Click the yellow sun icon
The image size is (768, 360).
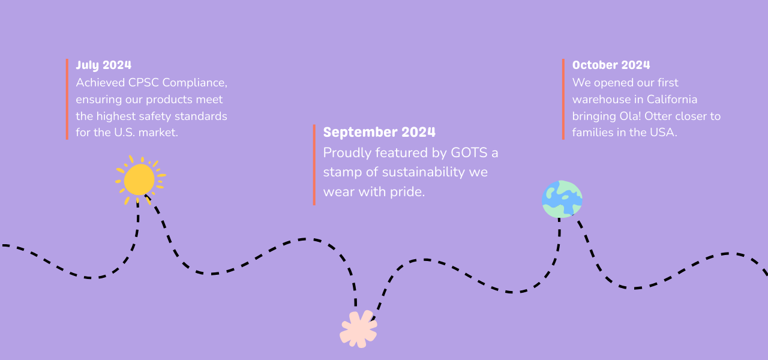pyautogui.click(x=140, y=180)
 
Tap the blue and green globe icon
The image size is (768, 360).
pyautogui.click(x=562, y=199)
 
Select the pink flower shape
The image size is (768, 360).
pyautogui.click(x=358, y=329)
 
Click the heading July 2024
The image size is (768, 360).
pyautogui.click(x=104, y=65)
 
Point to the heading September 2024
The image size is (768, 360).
pyautogui.click(x=379, y=132)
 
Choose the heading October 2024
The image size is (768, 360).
pyautogui.click(x=611, y=65)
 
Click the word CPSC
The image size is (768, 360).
pyautogui.click(x=143, y=83)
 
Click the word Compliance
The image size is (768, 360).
pyautogui.click(x=195, y=83)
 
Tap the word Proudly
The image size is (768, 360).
pyautogui.click(x=347, y=153)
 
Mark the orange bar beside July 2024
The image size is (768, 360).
pyautogui.click(x=67, y=100)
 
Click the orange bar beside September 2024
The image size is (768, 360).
pyautogui.click(x=314, y=165)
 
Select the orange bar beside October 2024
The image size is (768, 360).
pyautogui.click(x=563, y=100)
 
